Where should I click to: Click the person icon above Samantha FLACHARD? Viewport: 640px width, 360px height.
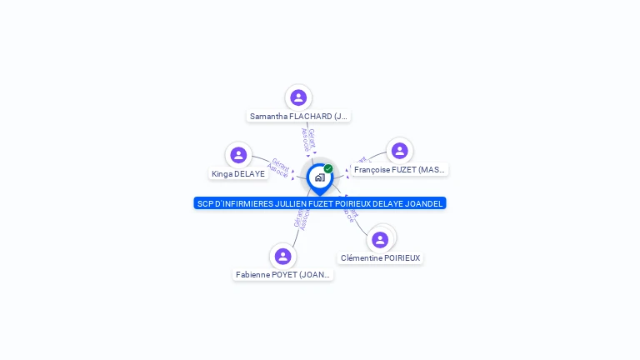[x=298, y=97]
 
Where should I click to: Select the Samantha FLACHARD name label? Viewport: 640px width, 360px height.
[x=298, y=117]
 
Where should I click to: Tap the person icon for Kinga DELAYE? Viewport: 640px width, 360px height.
[x=238, y=155]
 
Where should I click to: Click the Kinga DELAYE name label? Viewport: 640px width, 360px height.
[x=238, y=174]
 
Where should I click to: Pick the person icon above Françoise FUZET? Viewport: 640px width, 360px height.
[x=399, y=151]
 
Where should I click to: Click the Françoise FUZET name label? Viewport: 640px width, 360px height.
[x=399, y=170]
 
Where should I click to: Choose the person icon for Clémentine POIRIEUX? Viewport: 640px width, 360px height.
[x=380, y=240]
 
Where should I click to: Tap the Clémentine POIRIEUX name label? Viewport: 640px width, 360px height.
[x=380, y=258]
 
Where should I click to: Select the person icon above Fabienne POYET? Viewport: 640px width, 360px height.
[x=282, y=256]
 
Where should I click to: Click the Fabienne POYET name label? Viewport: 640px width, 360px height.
[x=283, y=275]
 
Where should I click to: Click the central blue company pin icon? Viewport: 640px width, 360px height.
[x=319, y=177]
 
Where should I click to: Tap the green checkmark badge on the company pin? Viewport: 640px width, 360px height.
[x=328, y=169]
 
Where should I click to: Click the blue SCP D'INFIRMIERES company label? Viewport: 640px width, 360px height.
[x=320, y=203]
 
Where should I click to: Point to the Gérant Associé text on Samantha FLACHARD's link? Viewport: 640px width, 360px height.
[x=308, y=140]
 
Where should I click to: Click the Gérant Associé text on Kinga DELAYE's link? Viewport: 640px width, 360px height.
[x=278, y=167]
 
